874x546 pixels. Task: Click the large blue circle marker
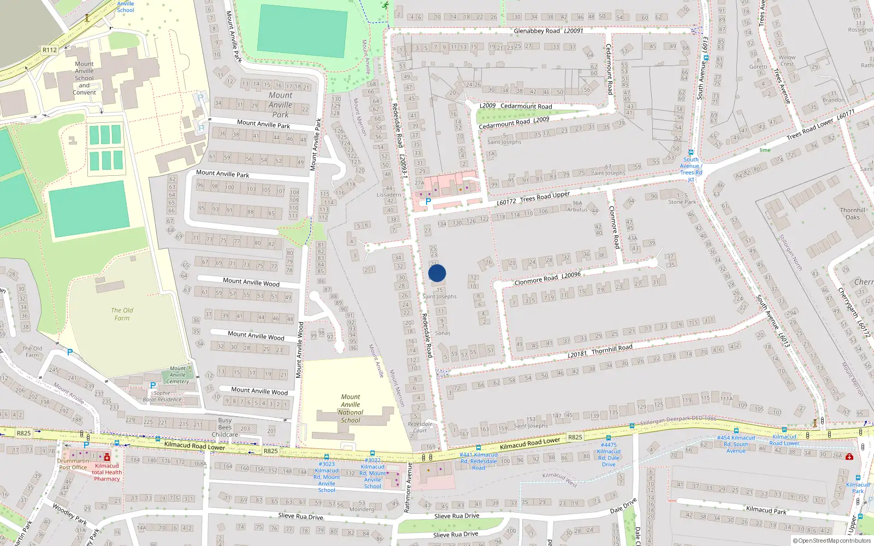[x=437, y=273]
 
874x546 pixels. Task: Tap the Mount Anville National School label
[x=351, y=409]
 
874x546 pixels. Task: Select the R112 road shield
[x=50, y=50]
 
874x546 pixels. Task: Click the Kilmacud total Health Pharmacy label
[x=107, y=472]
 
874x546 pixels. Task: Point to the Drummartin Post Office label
[x=73, y=464]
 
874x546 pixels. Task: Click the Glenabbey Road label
[x=536, y=31]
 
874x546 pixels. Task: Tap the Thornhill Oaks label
[x=853, y=213]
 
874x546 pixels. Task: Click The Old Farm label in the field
[x=122, y=314]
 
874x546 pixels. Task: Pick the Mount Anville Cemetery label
[x=178, y=375]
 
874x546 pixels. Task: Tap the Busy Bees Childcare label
[x=225, y=428]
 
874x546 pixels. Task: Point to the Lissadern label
[x=389, y=194]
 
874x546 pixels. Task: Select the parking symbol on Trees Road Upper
[x=428, y=202]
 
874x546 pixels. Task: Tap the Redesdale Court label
[x=420, y=427]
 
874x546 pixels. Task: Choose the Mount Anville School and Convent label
[x=84, y=78]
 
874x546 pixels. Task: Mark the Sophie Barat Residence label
[x=162, y=396]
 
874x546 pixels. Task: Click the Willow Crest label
[x=787, y=61]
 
